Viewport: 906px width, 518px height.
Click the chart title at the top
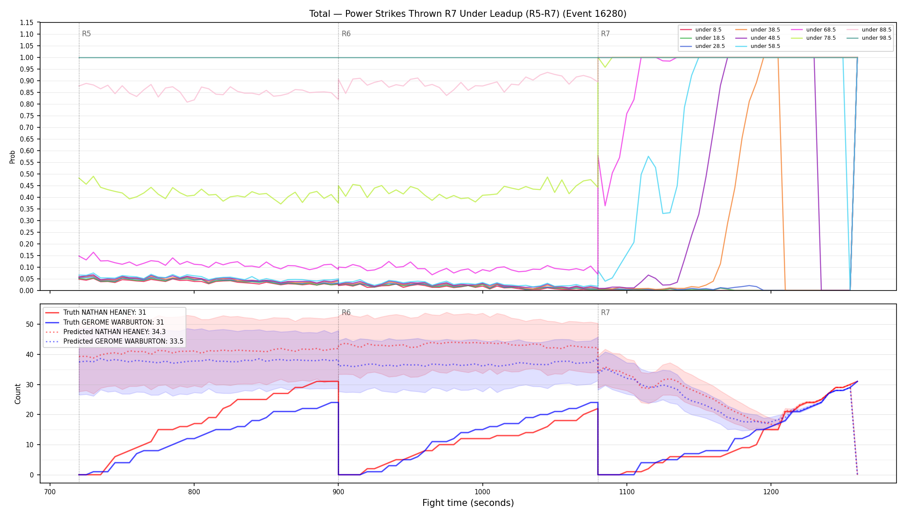pyautogui.click(x=468, y=14)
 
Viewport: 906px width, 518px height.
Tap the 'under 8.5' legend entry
pyautogui.click(x=701, y=30)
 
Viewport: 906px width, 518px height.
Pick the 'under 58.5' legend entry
pyautogui.click(x=758, y=46)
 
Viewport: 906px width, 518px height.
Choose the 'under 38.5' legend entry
pyautogui.click(x=758, y=30)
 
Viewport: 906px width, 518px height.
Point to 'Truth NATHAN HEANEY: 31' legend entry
pyautogui.click(x=96, y=313)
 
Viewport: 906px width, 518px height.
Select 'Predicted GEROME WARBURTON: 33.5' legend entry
pyautogui.click(x=114, y=341)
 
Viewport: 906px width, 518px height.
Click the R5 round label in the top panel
pyautogui.click(x=86, y=34)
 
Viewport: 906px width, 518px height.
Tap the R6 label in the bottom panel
pyautogui.click(x=346, y=313)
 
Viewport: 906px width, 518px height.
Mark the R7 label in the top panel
pyautogui.click(x=605, y=34)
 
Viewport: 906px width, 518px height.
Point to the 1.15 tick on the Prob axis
pyautogui.click(x=27, y=22)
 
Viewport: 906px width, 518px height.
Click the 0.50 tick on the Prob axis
pyautogui.click(x=27, y=174)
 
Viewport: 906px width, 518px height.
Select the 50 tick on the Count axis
pyautogui.click(x=30, y=324)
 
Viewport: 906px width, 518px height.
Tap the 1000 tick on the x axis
pyautogui.click(x=482, y=491)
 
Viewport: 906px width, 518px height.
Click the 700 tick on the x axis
pyautogui.click(x=50, y=491)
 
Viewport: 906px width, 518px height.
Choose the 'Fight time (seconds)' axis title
pyautogui.click(x=468, y=503)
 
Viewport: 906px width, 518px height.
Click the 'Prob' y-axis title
pyautogui.click(x=12, y=157)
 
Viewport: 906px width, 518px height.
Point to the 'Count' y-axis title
pyautogui.click(x=18, y=394)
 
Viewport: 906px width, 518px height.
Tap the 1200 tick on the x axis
pyautogui.click(x=771, y=491)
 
